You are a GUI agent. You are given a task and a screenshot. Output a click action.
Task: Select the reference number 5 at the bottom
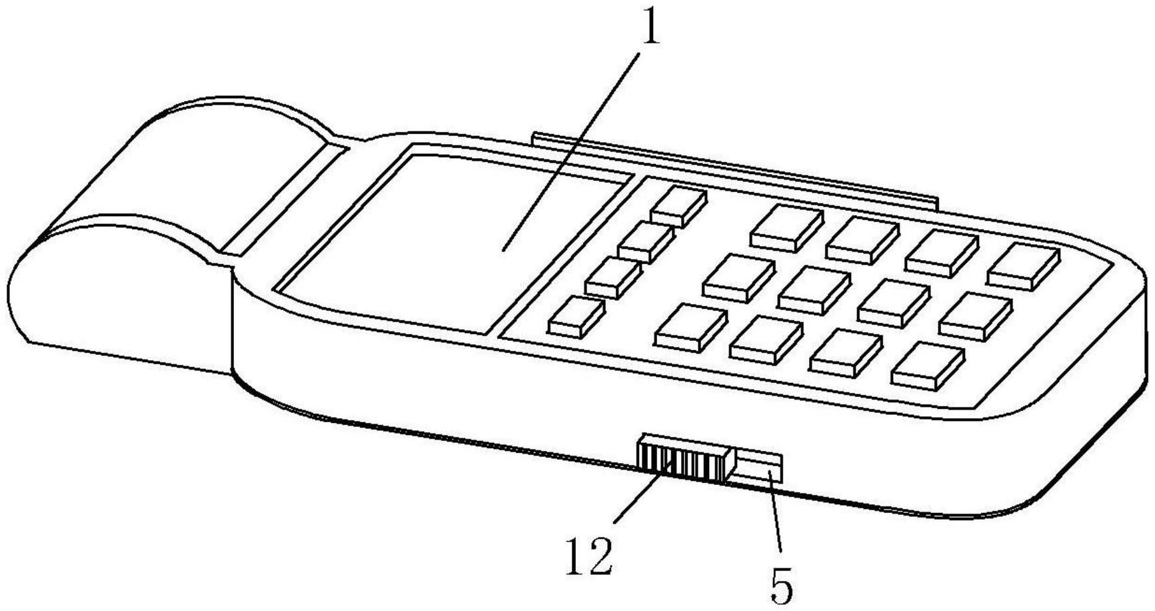pyautogui.click(x=782, y=585)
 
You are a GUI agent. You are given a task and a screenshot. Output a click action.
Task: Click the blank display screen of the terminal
pyautogui.click(x=453, y=244)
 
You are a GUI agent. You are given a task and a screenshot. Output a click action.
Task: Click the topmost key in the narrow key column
pyautogui.click(x=678, y=205)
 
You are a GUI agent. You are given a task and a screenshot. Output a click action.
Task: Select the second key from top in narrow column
pyautogui.click(x=646, y=241)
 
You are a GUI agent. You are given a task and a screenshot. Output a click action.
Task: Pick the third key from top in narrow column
pyautogui.click(x=614, y=277)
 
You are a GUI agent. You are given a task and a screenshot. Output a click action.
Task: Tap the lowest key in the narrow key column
pyautogui.click(x=577, y=316)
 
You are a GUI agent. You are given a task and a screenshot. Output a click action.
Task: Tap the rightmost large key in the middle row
pyautogui.click(x=976, y=316)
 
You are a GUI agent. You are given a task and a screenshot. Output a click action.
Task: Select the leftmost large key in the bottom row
pyautogui.click(x=690, y=327)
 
